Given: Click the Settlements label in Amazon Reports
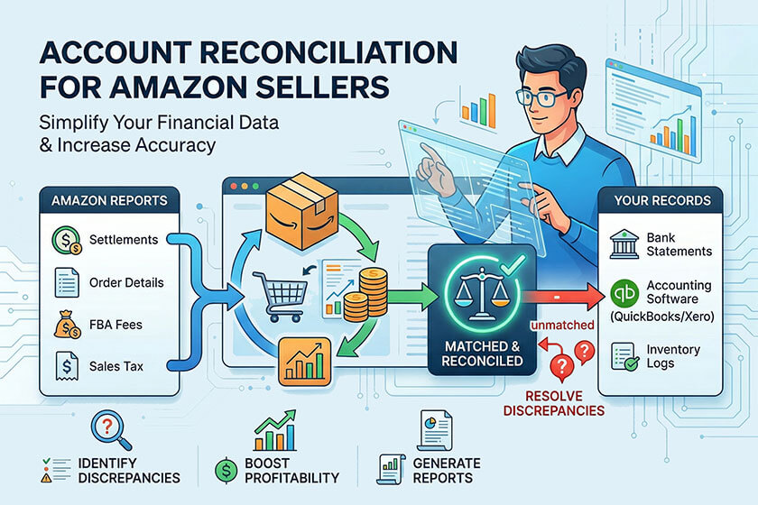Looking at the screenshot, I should point(125,240).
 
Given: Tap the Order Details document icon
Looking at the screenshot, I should point(65,282).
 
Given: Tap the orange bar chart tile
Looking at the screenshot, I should point(304,361).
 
